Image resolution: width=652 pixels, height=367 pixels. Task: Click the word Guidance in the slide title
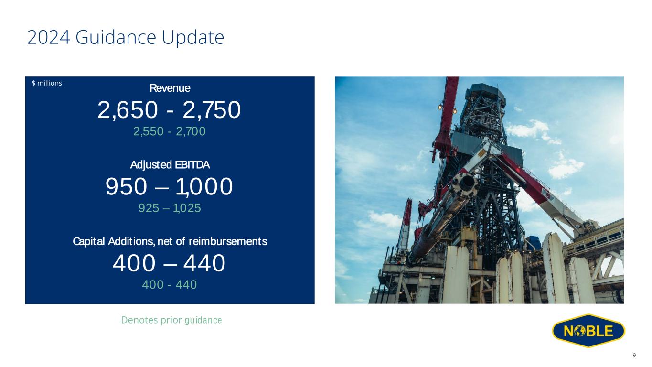(x=116, y=37)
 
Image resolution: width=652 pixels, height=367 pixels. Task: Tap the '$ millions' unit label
(x=47, y=83)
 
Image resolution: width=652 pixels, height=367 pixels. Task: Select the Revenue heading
(x=170, y=88)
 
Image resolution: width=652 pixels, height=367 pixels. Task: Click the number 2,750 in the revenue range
(x=212, y=110)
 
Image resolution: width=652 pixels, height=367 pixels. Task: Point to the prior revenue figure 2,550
(x=149, y=131)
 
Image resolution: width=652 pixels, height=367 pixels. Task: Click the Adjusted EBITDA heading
(x=170, y=165)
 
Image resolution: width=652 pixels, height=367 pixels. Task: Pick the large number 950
(x=126, y=186)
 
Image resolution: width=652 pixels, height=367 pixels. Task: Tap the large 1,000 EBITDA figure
(x=204, y=187)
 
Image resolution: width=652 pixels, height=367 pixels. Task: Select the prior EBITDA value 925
(x=149, y=208)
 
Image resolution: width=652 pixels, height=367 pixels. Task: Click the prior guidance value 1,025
(x=187, y=208)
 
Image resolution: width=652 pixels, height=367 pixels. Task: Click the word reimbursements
(x=228, y=241)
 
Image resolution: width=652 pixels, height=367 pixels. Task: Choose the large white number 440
(x=204, y=263)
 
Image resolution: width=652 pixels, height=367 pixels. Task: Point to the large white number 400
(x=134, y=263)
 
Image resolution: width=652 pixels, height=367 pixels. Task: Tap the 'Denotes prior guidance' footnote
(x=171, y=320)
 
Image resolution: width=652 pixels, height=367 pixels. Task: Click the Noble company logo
(x=588, y=331)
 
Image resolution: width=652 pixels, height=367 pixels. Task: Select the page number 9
(x=634, y=356)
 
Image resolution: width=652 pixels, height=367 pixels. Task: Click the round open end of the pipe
(x=467, y=183)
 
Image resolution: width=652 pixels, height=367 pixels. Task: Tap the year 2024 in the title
(x=49, y=37)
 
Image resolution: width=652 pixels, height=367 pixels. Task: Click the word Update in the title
(x=192, y=38)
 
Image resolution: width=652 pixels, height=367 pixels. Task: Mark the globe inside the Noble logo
(x=579, y=331)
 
